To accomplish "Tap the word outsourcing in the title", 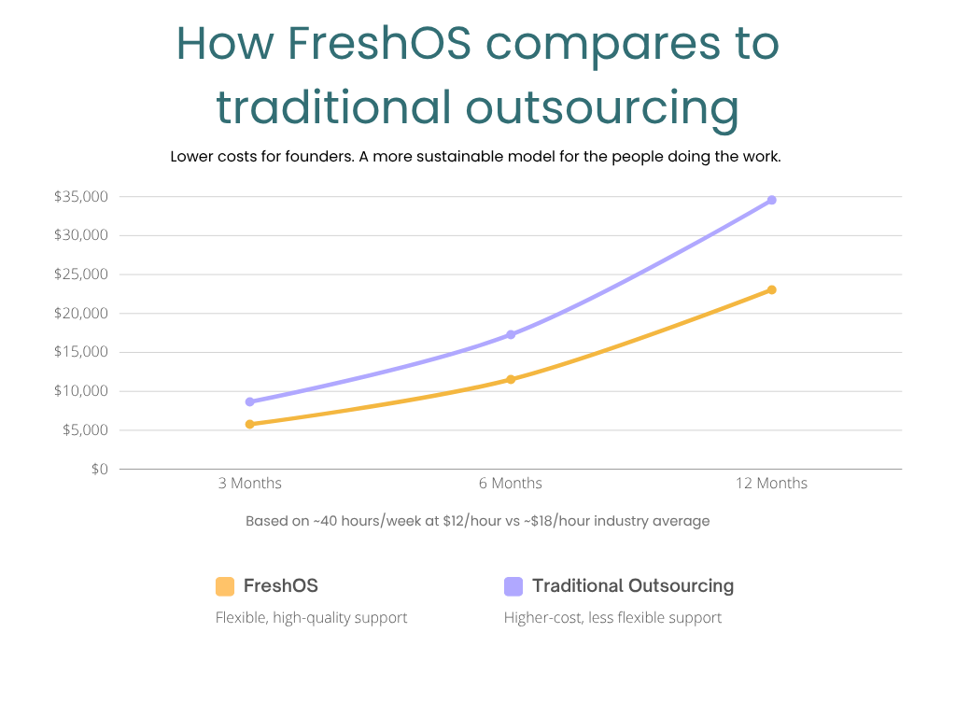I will coord(602,106).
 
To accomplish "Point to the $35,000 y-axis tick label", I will coord(81,197).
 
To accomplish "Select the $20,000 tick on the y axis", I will coord(81,314).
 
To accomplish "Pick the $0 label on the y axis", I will coord(98,469).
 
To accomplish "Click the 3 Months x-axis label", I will coord(249,484).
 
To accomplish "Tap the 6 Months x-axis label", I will coord(510,484).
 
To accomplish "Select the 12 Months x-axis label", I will coord(770,484).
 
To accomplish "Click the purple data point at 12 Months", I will coord(771,200).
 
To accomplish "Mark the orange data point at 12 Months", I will coord(771,289).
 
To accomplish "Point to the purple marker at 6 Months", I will coord(511,334).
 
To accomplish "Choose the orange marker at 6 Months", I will coord(511,379).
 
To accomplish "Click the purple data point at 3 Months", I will coord(249,401).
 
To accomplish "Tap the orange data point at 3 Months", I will coord(249,424).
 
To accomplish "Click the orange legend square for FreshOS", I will coord(224,586).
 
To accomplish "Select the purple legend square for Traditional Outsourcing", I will coord(513,586).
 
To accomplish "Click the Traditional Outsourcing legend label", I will coord(633,586).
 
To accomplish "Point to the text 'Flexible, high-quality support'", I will coord(311,618).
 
